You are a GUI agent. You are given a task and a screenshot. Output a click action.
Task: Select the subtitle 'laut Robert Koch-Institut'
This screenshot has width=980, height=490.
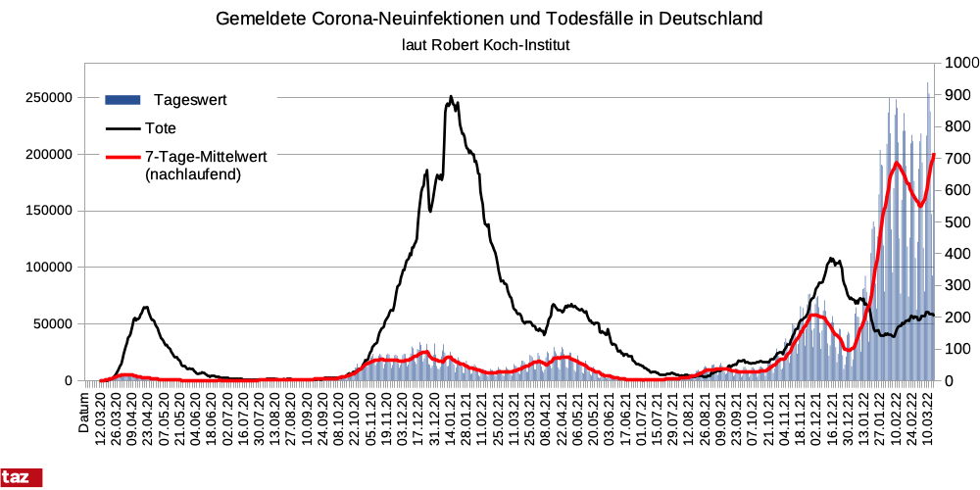click(486, 45)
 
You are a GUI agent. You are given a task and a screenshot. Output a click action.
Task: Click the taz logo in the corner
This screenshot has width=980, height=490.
click(22, 478)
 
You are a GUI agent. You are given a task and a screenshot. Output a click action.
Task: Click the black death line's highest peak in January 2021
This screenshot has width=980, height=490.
click(451, 97)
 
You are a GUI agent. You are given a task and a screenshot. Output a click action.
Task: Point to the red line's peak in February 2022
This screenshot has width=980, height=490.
click(896, 163)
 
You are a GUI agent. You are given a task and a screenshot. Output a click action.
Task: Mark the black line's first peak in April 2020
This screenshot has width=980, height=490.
click(145, 308)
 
